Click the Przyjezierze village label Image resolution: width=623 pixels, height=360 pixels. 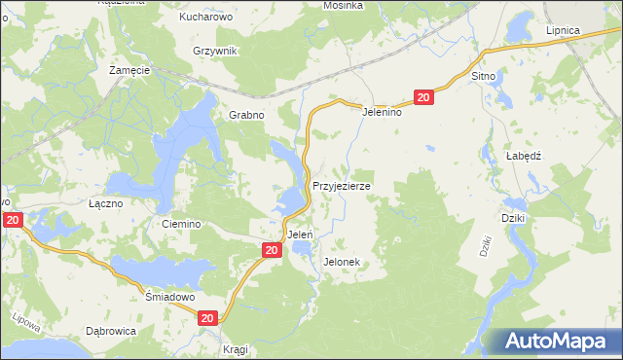coord(341,184)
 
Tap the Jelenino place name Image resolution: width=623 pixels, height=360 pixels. coord(383,112)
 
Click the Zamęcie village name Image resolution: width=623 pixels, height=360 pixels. coord(128,71)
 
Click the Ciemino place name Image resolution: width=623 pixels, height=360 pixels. coord(181,224)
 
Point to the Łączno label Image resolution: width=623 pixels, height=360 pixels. coord(105,204)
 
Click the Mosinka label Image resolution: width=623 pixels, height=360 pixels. coord(343,5)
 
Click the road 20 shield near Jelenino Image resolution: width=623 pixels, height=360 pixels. coord(422,97)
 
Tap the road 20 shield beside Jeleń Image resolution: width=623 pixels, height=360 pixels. coord(272,250)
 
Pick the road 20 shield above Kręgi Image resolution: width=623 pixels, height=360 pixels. coord(207,318)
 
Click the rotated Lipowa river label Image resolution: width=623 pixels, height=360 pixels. coord(24,319)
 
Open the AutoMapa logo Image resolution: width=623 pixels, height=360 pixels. coord(561,341)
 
